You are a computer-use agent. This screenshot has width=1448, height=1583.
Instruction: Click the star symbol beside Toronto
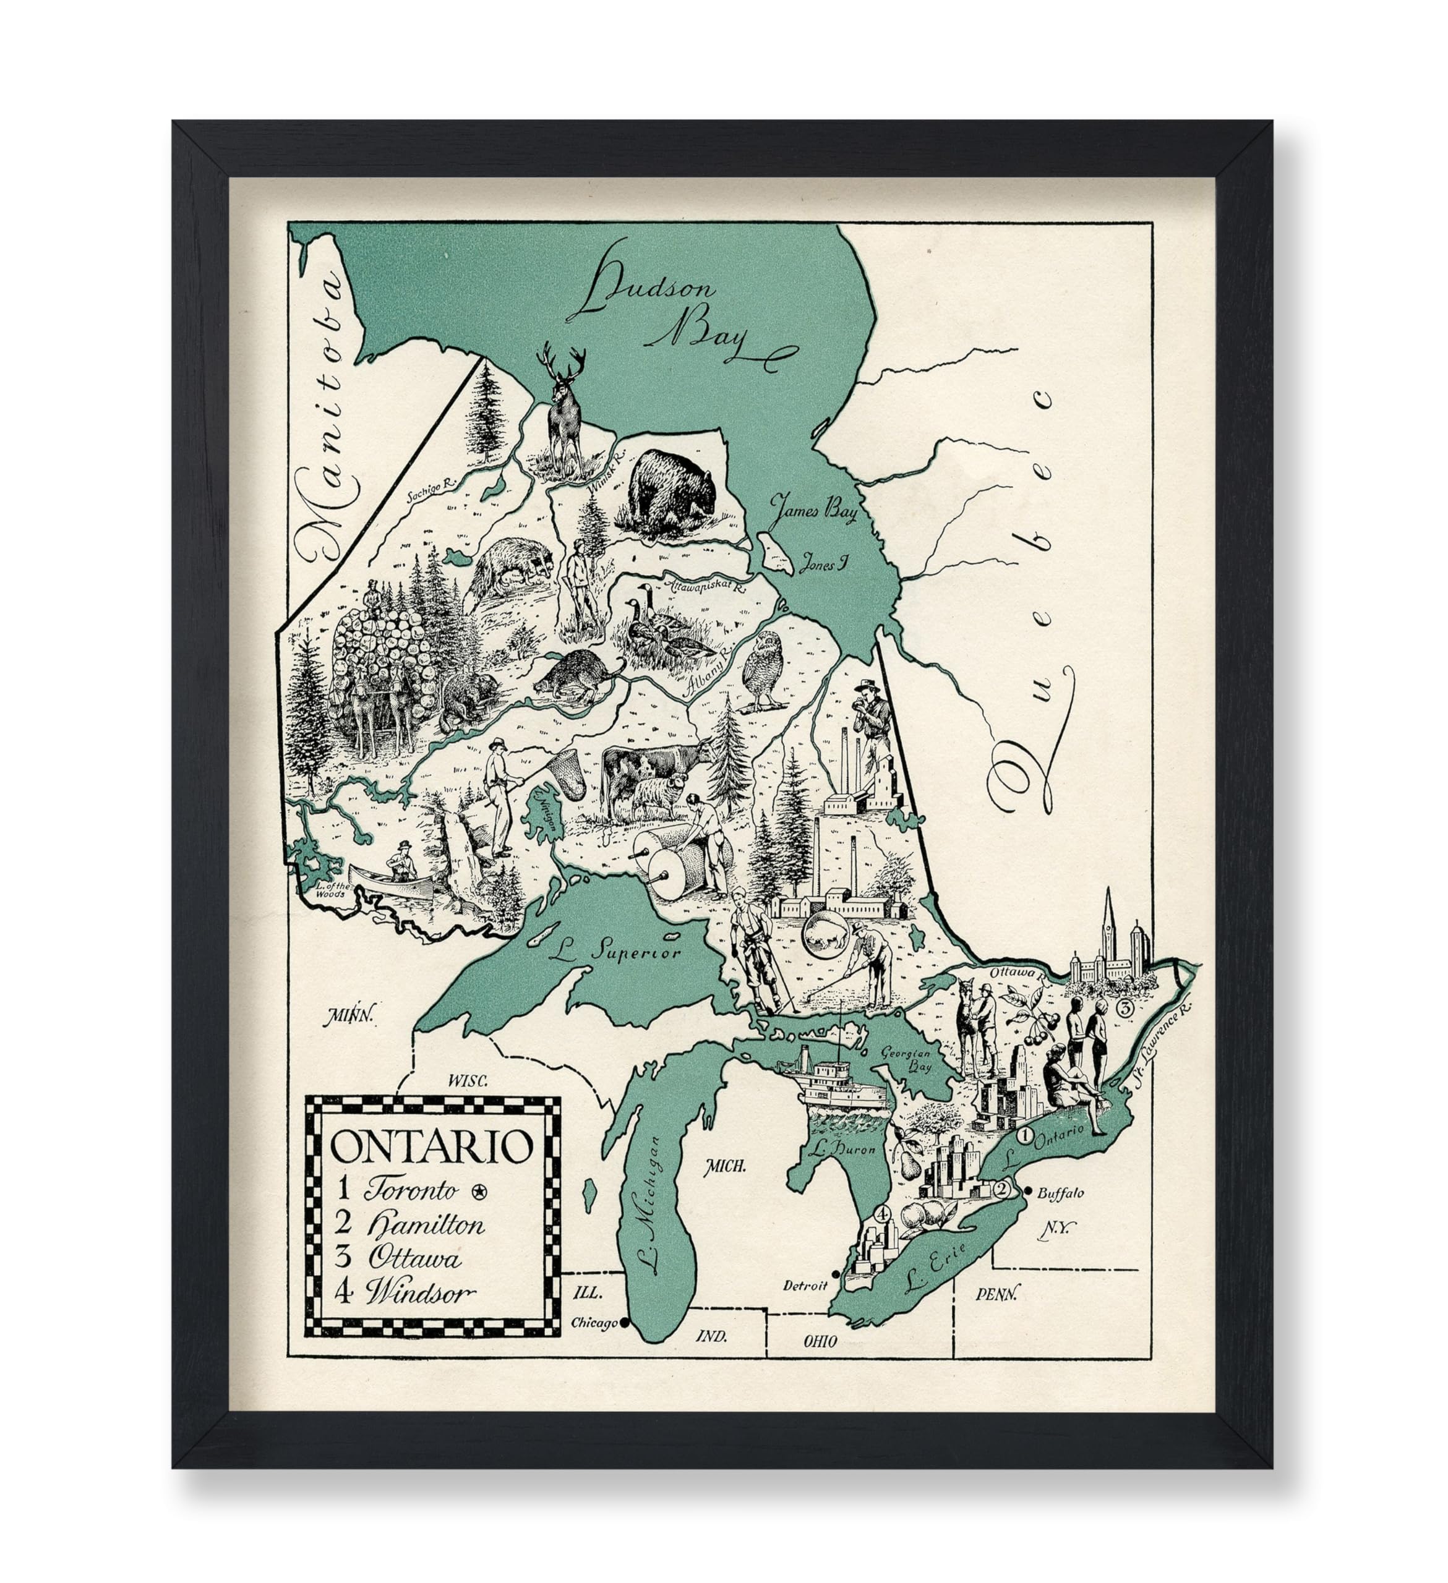tap(478, 1191)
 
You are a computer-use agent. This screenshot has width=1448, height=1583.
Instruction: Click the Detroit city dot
tap(837, 1274)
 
